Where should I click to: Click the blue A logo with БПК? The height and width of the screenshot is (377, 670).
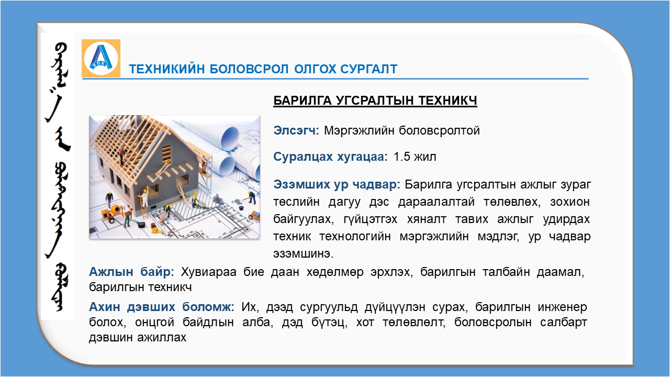coord(101,58)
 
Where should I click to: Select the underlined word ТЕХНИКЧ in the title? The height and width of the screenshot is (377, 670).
coord(448,101)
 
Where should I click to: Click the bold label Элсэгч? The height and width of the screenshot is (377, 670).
coord(296,131)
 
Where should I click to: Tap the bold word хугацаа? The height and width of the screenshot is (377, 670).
coord(363,157)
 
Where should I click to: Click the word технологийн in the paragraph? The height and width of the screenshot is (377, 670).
coord(355,237)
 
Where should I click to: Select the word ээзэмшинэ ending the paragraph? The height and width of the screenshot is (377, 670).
coord(303,254)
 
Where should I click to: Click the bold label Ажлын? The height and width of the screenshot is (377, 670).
coord(111,272)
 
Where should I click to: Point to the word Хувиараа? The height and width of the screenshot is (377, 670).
coord(208,272)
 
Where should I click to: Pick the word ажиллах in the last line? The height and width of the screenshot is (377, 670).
coord(162,338)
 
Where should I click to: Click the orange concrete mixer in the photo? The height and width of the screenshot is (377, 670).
coord(113,213)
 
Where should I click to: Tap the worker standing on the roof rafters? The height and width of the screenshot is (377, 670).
coord(122,154)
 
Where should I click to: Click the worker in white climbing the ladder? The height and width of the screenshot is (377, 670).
coord(145,196)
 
